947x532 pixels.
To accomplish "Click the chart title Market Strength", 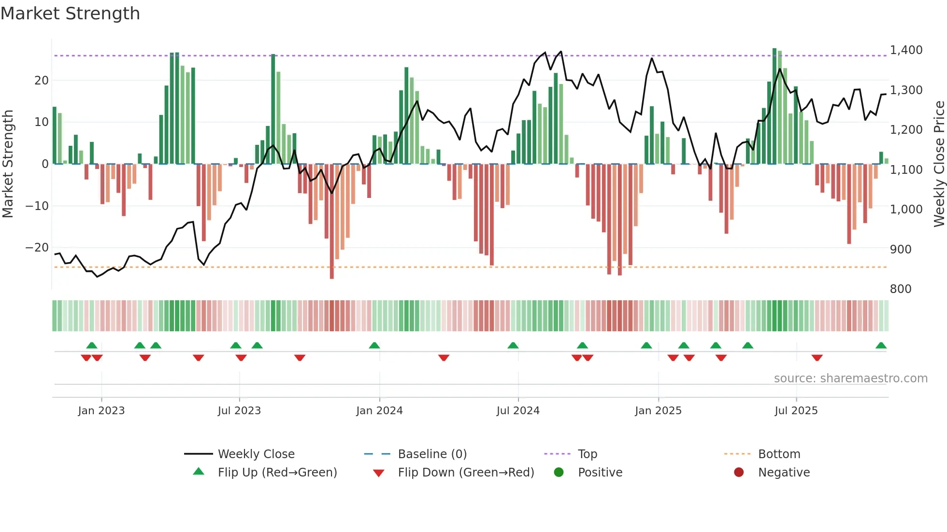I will pyautogui.click(x=70, y=14).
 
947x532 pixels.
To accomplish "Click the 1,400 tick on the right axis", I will pyautogui.click(x=906, y=50).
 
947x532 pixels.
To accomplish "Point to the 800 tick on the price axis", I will pyautogui.click(x=900, y=289).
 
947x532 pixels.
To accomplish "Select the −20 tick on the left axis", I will pyautogui.click(x=37, y=248).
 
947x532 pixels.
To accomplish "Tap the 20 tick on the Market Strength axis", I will pyautogui.click(x=42, y=81).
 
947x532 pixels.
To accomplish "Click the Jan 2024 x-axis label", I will pyautogui.click(x=379, y=411).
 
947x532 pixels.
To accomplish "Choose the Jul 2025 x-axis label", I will pyautogui.click(x=796, y=411).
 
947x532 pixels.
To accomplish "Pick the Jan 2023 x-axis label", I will pyautogui.click(x=101, y=411).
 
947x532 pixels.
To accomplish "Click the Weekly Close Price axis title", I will pyautogui.click(x=939, y=164).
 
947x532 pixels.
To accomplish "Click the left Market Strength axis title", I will pyautogui.click(x=8, y=164).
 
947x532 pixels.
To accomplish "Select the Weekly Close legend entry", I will pyautogui.click(x=256, y=454).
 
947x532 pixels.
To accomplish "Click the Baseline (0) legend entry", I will pyautogui.click(x=432, y=454).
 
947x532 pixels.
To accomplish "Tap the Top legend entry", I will pyautogui.click(x=587, y=454).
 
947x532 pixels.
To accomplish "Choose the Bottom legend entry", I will pyautogui.click(x=779, y=454).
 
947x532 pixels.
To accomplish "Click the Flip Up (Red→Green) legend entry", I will pyautogui.click(x=277, y=473).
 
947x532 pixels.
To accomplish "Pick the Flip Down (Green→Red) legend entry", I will pyautogui.click(x=465, y=473).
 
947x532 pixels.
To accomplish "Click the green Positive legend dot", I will pyautogui.click(x=559, y=473).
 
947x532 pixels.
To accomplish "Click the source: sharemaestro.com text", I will pyautogui.click(x=850, y=378).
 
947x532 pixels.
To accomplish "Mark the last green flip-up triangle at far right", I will pyautogui.click(x=881, y=346).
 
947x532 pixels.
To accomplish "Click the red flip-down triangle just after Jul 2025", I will pyautogui.click(x=817, y=358).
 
